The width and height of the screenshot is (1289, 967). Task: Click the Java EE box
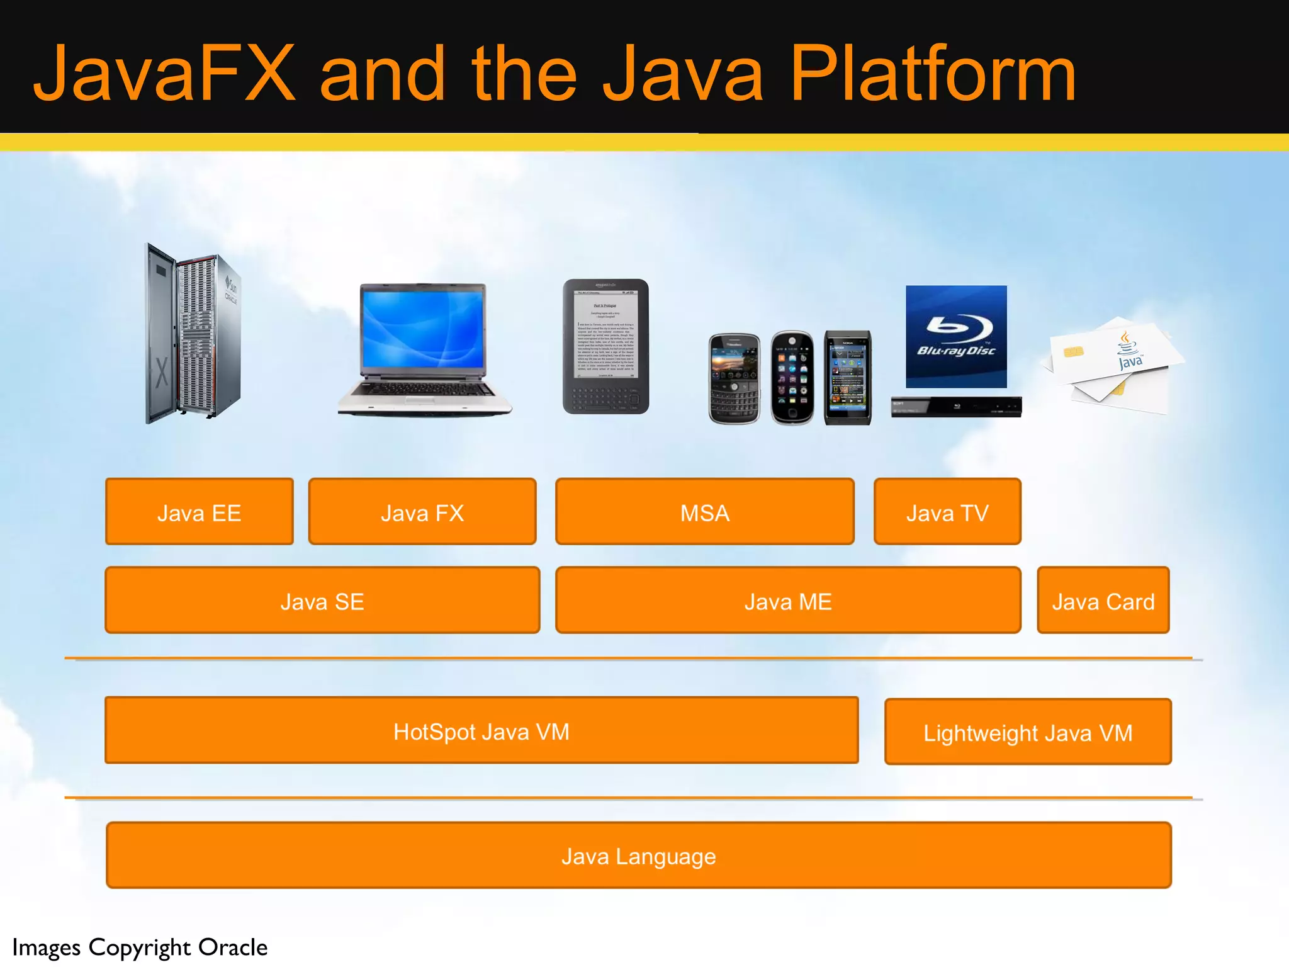[199, 511]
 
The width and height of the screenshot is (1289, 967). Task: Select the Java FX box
[422, 511]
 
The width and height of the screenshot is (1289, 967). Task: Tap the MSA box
[704, 511]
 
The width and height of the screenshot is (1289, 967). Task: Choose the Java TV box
[947, 511]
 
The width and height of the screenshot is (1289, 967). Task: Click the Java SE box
[322, 600]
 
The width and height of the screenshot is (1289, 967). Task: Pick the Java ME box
[787, 600]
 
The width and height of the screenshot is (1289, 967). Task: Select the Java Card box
[1103, 600]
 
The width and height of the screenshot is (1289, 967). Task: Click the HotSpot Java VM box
[481, 730]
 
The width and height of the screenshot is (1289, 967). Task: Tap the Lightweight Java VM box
[1027, 732]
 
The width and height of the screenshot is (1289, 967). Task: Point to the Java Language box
[638, 855]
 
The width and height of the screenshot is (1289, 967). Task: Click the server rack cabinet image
[193, 334]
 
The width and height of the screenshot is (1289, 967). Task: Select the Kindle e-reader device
[605, 346]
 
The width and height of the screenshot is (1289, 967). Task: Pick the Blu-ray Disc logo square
[956, 337]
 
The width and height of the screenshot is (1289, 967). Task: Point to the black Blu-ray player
[956, 407]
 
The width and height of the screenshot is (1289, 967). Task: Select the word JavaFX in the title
[164, 74]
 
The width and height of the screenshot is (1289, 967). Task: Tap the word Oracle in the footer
[233, 947]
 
